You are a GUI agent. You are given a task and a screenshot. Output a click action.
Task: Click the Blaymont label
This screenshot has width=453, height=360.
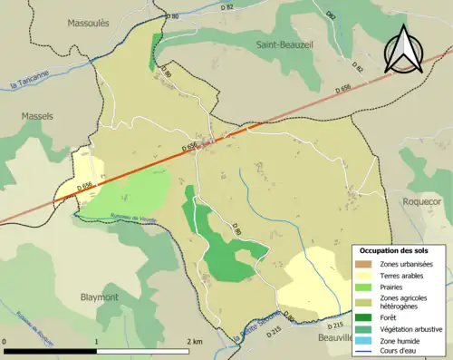tap(99, 297)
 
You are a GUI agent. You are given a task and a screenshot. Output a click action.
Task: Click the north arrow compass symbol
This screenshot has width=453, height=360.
tap(405, 50)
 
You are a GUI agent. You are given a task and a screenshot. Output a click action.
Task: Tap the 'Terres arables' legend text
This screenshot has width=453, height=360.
tap(406, 275)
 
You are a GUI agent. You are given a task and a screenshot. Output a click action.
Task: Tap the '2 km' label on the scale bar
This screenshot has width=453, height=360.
tap(194, 340)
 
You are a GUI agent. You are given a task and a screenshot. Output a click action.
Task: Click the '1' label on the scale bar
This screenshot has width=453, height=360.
tap(97, 340)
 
